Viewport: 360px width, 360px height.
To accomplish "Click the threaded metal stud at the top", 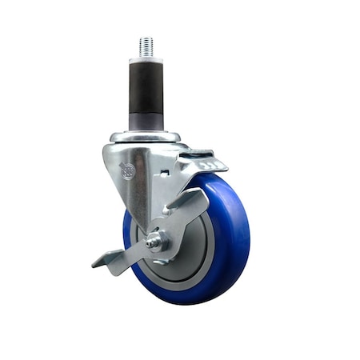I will tap(146, 46).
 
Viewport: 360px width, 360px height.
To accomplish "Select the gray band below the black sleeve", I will tap(146, 122).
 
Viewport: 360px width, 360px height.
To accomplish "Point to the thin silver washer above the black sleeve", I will tap(146, 58).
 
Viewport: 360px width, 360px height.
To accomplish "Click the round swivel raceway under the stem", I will tap(146, 137).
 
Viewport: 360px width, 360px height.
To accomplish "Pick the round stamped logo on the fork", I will tap(127, 170).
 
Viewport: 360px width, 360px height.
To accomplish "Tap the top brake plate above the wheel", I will tap(200, 164).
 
